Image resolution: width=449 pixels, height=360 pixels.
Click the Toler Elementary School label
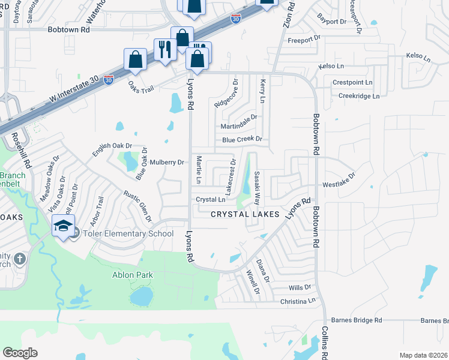coord(128,234)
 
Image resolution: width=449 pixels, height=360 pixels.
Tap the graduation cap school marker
coord(63,226)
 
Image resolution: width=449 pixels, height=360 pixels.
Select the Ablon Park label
coord(133,275)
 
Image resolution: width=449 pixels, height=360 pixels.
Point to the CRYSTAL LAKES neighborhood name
coord(245,214)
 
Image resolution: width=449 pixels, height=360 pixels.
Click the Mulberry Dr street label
coord(166,162)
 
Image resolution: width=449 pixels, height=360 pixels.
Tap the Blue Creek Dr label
coord(243,139)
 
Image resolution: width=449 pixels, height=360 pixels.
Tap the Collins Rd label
coord(324,344)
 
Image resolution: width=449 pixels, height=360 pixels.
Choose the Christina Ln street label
coord(298,300)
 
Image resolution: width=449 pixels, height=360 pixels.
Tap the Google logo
coord(20,353)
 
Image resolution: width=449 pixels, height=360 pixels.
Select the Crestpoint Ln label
coord(352,82)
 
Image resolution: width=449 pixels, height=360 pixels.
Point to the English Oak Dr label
coord(112,149)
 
